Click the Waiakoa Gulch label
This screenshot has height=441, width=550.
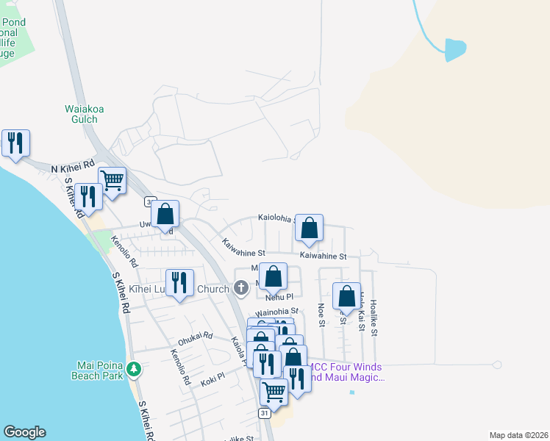(84, 115)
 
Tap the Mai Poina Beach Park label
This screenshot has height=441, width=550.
(102, 370)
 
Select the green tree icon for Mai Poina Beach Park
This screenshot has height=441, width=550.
(133, 369)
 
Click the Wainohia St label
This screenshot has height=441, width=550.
(277, 312)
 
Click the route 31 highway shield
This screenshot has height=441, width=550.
(265, 414)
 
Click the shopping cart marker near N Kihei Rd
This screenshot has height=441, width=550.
(112, 179)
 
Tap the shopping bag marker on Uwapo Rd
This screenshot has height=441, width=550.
(166, 214)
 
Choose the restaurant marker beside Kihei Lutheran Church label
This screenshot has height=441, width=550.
(179, 283)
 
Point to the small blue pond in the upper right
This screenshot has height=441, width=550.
(455, 49)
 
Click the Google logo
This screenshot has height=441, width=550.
(24, 432)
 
